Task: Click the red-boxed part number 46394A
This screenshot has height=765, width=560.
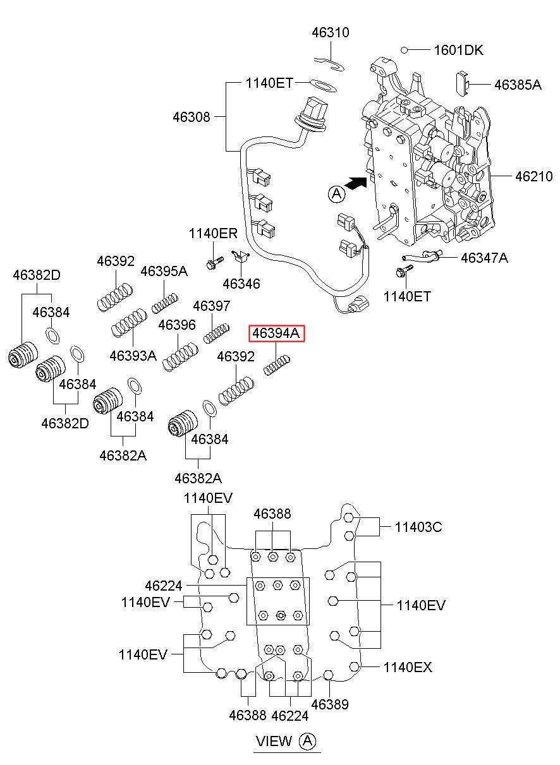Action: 276,333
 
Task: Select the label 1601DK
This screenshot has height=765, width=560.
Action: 458,50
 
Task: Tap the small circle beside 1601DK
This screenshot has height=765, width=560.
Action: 405,50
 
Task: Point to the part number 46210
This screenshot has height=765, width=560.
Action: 533,176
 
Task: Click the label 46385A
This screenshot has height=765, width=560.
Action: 518,85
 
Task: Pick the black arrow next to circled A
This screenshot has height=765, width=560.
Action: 356,183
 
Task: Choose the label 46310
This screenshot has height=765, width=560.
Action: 331,32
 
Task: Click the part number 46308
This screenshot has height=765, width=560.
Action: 192,117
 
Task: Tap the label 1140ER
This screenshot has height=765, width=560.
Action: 213,234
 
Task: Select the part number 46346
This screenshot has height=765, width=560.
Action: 241,284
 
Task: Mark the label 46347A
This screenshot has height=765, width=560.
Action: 485,258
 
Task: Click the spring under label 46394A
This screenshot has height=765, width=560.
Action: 277,366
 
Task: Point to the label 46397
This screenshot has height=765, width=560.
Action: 212,306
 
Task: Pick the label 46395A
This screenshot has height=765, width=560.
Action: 164,271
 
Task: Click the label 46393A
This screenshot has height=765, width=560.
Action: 133,356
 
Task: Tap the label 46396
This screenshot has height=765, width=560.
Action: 176,325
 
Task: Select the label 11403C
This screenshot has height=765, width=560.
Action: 418,527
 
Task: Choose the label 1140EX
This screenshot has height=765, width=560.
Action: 408,667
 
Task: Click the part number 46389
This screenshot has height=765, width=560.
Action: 330,704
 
